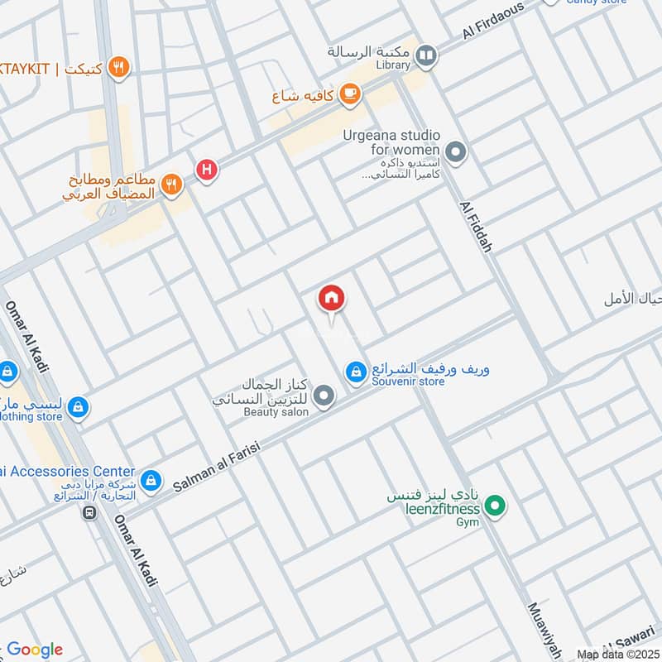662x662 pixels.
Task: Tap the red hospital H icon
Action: point(206,170)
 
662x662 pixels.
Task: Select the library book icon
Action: point(426,56)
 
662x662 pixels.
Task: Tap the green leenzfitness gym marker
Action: point(495,504)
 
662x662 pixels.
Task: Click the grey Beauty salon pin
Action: point(325,397)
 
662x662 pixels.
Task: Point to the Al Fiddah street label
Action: point(477,223)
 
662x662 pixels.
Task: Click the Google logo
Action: point(35,649)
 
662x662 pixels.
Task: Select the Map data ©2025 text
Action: point(616,654)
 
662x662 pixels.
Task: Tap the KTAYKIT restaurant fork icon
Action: point(119,68)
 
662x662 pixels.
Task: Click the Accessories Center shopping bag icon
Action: point(151,479)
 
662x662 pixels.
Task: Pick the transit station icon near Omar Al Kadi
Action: point(89,512)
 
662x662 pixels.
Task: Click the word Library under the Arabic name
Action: point(392,65)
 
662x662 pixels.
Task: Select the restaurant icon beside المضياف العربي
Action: point(172,185)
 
